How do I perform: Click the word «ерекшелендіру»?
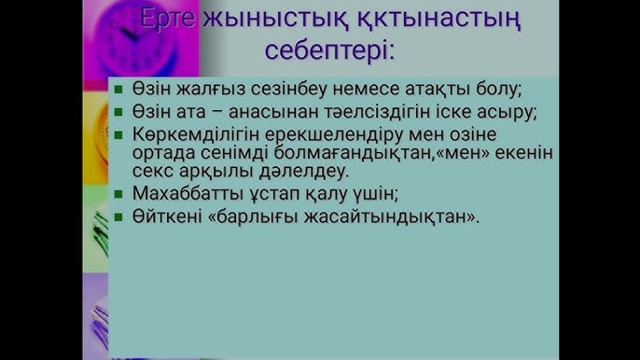[x=329, y=132]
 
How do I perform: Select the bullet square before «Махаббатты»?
[x=118, y=194]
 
